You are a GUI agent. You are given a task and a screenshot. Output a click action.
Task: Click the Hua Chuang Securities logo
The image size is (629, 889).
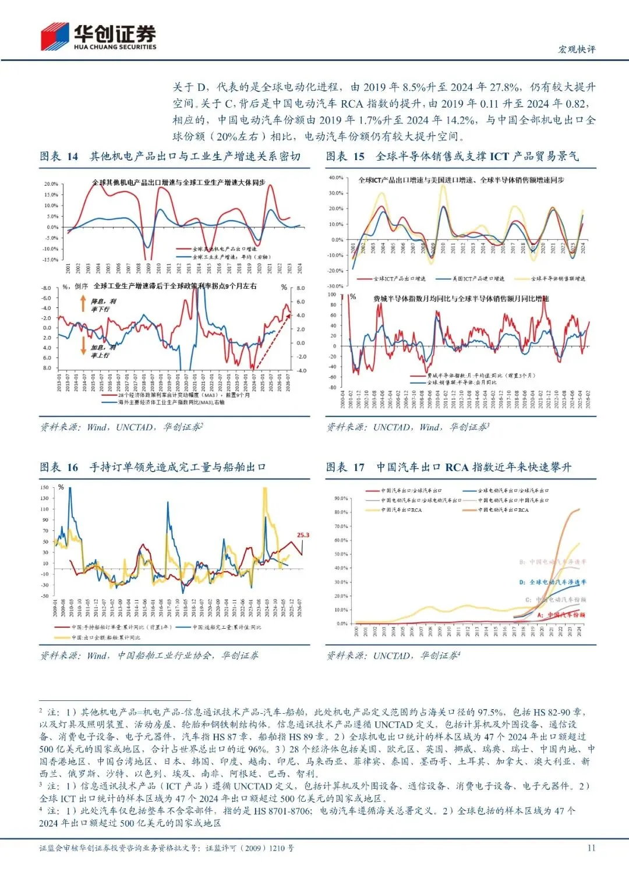98,36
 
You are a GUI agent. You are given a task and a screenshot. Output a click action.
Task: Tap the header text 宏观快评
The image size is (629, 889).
577,49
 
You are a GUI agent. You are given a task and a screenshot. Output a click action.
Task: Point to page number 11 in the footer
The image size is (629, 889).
591,848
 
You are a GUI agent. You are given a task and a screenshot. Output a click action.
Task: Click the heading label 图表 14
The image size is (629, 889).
59,157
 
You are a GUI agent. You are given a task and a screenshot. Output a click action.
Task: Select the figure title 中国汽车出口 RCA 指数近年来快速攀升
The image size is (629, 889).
473,467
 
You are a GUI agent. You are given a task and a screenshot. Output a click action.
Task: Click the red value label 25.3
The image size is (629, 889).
303,535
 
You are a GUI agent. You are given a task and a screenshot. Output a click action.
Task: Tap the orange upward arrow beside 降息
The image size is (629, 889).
83,304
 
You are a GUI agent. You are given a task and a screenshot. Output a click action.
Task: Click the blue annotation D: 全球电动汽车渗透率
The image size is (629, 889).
552,582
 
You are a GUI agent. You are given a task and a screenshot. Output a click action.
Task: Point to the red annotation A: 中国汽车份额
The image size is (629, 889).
561,615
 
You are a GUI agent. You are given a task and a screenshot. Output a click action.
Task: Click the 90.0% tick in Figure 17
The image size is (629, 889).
341,499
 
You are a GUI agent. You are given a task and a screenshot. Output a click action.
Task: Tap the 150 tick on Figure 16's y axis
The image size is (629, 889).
44,488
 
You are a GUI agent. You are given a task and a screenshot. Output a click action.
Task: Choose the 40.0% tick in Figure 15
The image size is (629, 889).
336,178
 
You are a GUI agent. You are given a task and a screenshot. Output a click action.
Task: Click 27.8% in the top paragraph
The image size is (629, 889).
505,87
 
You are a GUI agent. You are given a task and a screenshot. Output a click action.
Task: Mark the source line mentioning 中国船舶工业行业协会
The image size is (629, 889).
149,656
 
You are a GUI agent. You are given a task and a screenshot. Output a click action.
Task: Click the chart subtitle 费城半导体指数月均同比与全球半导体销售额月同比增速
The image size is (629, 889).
461,299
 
